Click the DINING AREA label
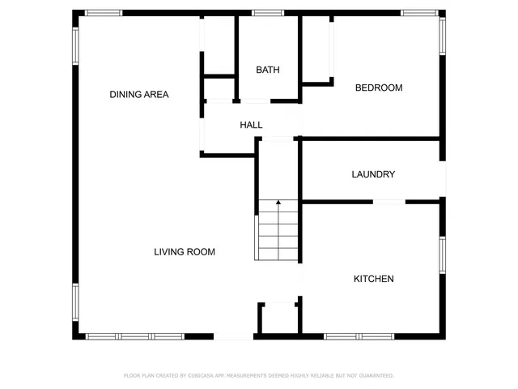coord(139,95)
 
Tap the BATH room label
coord(268,70)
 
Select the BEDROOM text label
coord(379,88)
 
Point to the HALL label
coord(251,125)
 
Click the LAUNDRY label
coord(373,174)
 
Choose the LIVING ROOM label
coord(185,252)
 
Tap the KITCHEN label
coord(373,279)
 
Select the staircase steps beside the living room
coord(278,235)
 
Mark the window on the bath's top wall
coord(267,13)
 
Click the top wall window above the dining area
coord(104,13)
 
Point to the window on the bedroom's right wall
coord(442,36)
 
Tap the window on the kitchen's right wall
coord(442,254)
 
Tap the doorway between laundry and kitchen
coord(389,201)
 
